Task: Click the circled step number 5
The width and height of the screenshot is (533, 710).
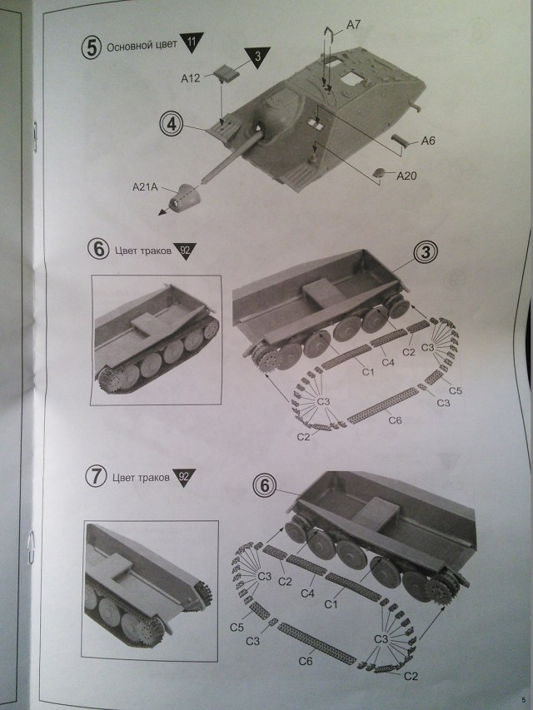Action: pyautogui.click(x=91, y=46)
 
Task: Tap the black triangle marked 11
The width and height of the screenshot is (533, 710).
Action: pyautogui.click(x=193, y=42)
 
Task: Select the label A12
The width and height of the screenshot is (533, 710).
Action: pyautogui.click(x=192, y=78)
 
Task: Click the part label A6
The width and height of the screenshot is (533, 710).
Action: pyautogui.click(x=428, y=141)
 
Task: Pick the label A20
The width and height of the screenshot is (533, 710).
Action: pyautogui.click(x=407, y=175)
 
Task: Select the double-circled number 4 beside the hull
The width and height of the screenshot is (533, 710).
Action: pyautogui.click(x=171, y=125)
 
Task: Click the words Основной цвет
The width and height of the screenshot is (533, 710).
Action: pyautogui.click(x=142, y=45)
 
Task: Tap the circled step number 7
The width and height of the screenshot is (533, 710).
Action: pyautogui.click(x=97, y=477)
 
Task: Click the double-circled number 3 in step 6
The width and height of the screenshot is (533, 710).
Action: pyautogui.click(x=426, y=251)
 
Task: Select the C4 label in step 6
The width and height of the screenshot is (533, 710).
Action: pyautogui.click(x=387, y=361)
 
